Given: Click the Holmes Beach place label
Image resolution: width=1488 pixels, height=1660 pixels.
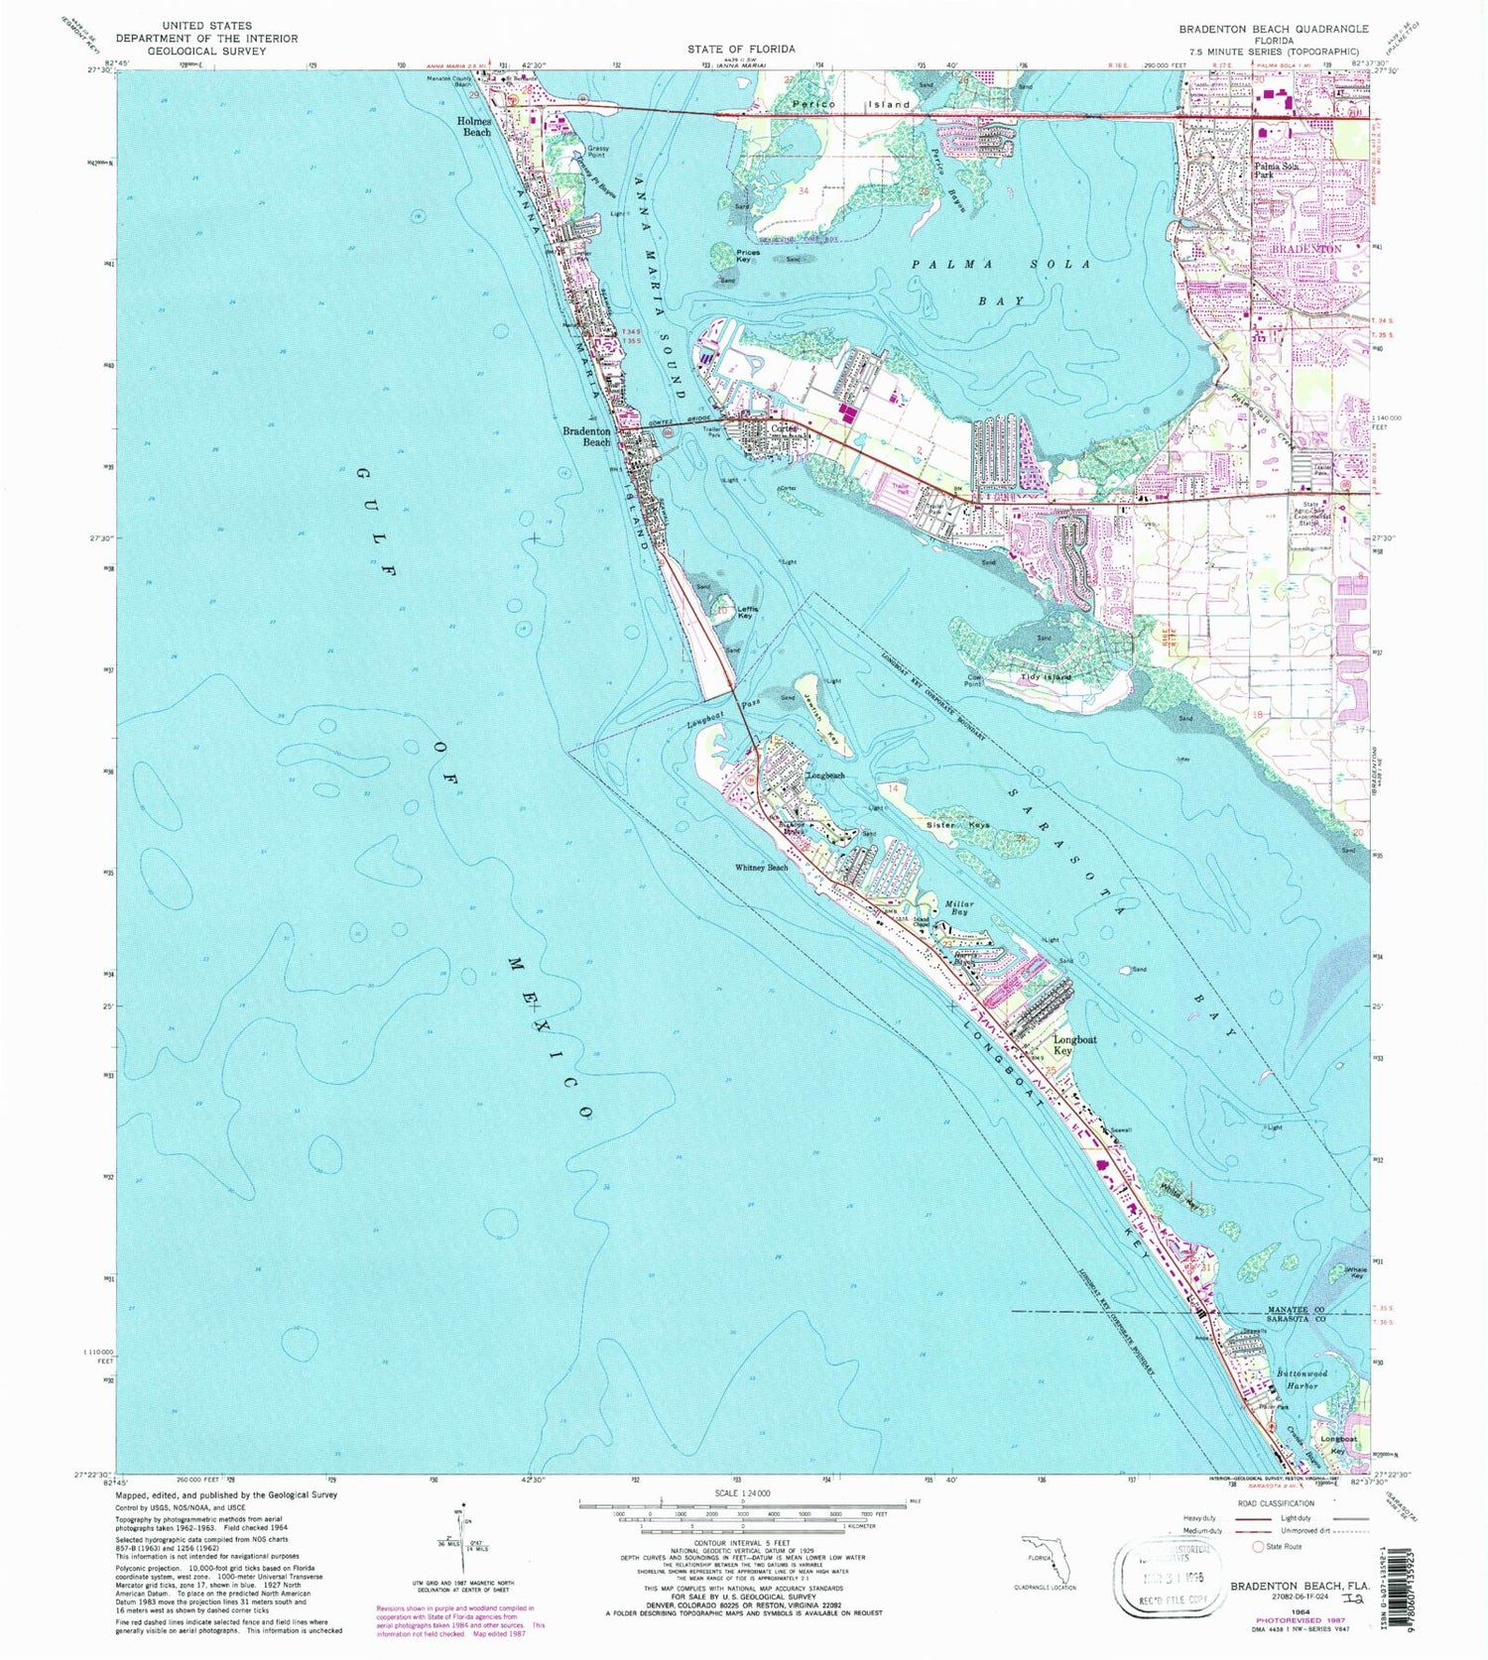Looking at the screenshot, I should pos(474,127).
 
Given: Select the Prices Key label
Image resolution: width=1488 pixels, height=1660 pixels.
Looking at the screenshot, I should pos(748,255).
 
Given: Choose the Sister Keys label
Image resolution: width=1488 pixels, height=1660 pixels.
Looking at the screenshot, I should pos(958,824).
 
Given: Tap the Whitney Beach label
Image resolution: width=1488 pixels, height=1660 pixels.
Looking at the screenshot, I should pos(761,867).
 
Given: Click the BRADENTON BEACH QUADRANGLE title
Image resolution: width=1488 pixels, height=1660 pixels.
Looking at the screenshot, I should pos(1274,29).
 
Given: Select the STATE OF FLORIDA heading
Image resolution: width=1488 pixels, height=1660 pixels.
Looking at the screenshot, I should pos(741,49).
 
